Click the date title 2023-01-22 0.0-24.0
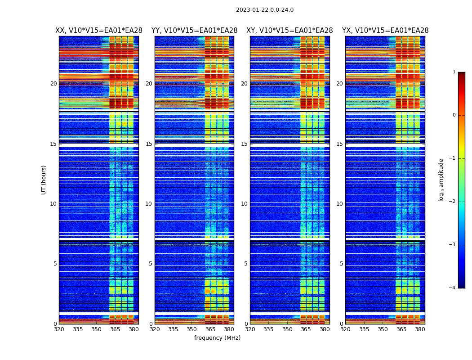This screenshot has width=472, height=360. tap(264, 10)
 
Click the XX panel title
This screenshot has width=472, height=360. tap(99, 31)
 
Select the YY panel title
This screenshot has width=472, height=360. tap(194, 31)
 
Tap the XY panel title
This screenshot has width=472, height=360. tap(289, 31)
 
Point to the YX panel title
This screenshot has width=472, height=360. tap(385, 31)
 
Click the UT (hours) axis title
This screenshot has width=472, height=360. tap(44, 180)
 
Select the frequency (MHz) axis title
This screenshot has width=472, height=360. tap(217, 338)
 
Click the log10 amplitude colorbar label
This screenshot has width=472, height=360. tap(441, 180)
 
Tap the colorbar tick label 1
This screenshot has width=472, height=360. tap(454, 72)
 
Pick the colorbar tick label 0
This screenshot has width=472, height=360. tap(454, 115)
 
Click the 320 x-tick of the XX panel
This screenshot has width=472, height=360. tap(59, 330)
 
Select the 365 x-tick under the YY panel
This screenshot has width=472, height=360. tap(210, 330)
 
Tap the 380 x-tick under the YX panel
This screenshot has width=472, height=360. tap(420, 330)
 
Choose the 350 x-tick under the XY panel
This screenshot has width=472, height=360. tap(287, 330)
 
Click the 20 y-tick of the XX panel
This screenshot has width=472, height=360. tap(53, 84)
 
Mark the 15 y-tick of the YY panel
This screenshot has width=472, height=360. tap(149, 144)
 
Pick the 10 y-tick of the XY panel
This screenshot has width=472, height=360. tap(244, 204)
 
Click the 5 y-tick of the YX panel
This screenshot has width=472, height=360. tap(341, 264)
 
